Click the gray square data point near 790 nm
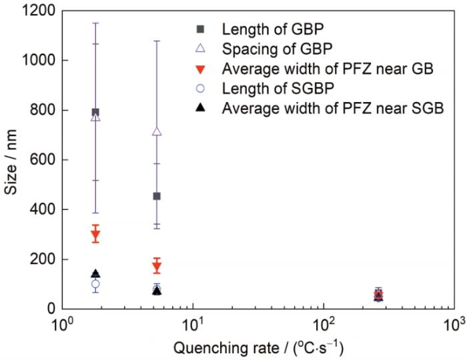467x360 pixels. (95, 112)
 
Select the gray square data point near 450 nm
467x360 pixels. (157, 196)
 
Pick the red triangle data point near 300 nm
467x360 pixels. (95, 235)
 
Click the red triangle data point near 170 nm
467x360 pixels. (157, 267)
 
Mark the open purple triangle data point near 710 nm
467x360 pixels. (157, 131)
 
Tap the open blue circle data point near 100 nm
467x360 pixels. (95, 284)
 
